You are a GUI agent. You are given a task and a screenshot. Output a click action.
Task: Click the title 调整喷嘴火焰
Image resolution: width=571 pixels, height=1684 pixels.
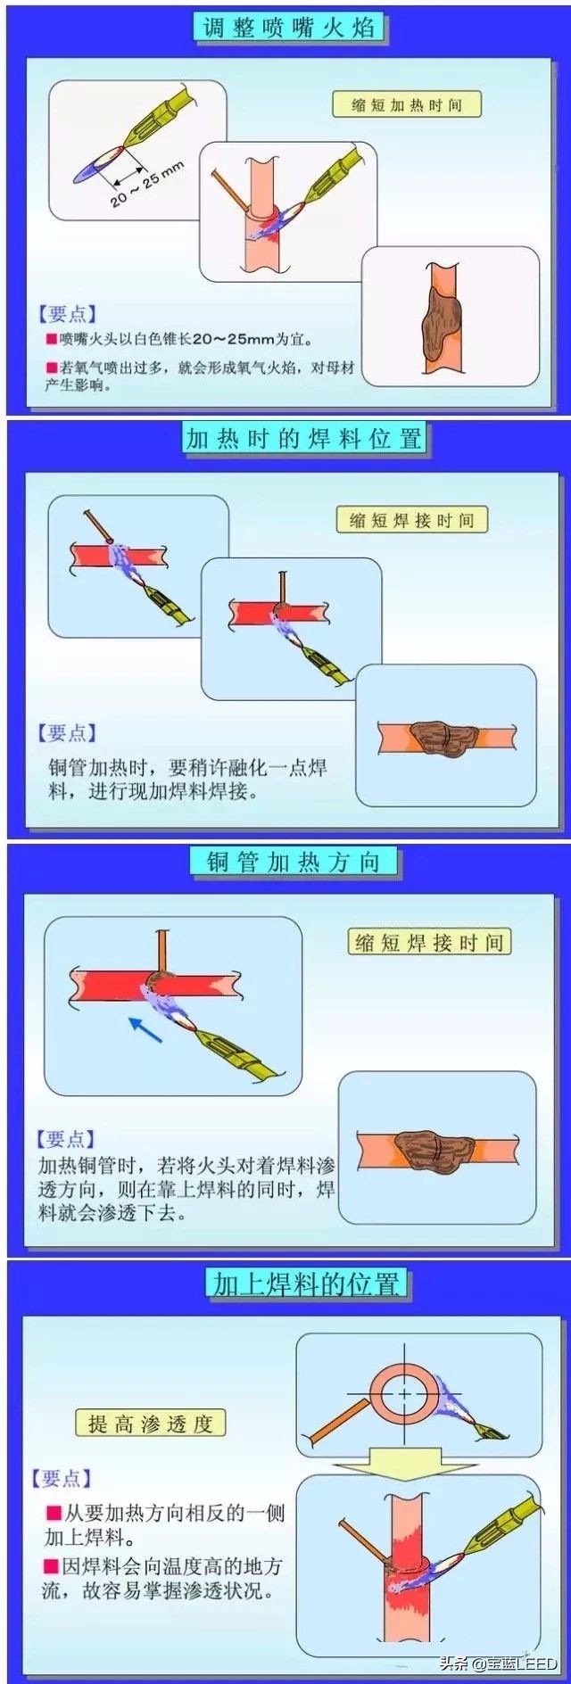(288, 27)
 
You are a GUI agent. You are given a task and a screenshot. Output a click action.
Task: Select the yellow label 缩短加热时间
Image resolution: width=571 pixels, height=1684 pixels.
(406, 105)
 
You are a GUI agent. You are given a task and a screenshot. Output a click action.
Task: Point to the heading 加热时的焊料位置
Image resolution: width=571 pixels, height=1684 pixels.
(303, 439)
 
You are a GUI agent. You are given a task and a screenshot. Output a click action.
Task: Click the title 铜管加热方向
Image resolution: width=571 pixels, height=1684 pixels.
(294, 862)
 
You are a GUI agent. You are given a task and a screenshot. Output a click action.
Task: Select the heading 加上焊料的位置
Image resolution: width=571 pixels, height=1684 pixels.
(305, 1284)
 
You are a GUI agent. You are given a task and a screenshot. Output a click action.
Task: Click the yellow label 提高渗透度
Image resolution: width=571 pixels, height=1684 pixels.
(150, 1424)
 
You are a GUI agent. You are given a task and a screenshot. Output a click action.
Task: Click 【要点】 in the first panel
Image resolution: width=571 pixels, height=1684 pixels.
(67, 314)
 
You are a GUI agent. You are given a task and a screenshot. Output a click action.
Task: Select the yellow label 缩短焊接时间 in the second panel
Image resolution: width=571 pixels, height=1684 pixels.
(411, 521)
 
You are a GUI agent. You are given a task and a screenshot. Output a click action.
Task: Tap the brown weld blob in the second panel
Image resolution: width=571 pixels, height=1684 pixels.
(445, 738)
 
